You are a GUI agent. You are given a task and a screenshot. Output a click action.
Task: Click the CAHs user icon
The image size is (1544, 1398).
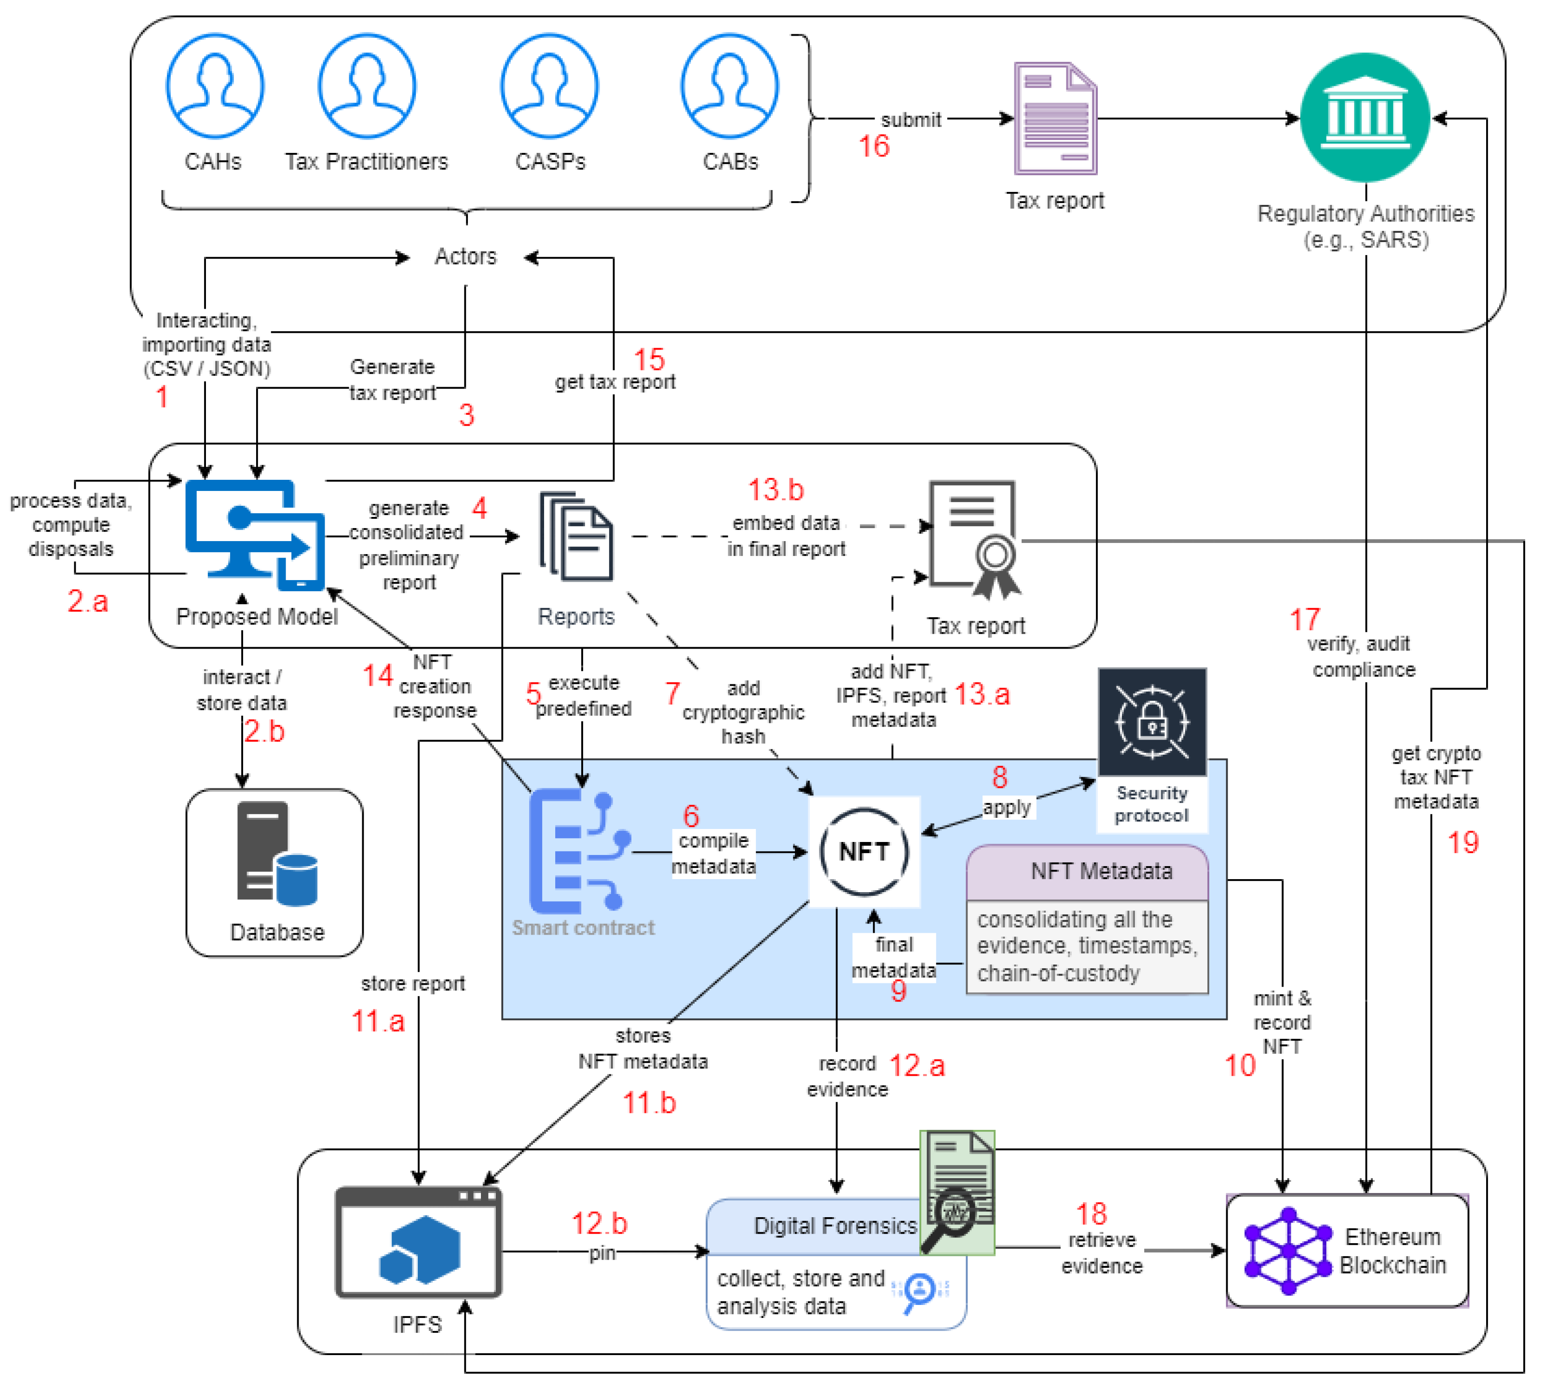pyautogui.click(x=215, y=86)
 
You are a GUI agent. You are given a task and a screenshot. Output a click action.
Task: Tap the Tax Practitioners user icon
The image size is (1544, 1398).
pyautogui.click(x=367, y=86)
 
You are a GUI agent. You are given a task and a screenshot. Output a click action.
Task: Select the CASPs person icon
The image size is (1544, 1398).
pyautogui.click(x=549, y=86)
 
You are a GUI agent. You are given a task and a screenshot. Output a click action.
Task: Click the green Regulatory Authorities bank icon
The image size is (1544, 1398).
pyautogui.click(x=1365, y=117)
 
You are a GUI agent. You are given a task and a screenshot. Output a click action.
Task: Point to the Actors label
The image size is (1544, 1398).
pyautogui.click(x=465, y=257)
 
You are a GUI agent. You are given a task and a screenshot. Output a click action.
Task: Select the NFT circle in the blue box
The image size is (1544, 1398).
pyautogui.click(x=864, y=851)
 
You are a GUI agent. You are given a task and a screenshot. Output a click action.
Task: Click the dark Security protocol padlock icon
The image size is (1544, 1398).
pyautogui.click(x=1152, y=722)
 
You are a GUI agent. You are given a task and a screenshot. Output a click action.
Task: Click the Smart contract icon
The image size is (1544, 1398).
pyautogui.click(x=578, y=851)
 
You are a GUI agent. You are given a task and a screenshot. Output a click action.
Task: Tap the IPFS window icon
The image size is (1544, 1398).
pyautogui.click(x=418, y=1242)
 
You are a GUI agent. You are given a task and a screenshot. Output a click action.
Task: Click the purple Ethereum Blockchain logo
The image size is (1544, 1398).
pyautogui.click(x=1288, y=1251)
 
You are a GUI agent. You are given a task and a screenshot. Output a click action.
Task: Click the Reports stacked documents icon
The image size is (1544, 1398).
pyautogui.click(x=576, y=537)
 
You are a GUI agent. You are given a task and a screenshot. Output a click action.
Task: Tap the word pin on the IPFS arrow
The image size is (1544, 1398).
pyautogui.click(x=602, y=1253)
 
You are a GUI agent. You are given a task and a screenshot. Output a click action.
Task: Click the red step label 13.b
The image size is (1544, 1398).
pyautogui.click(x=775, y=490)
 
